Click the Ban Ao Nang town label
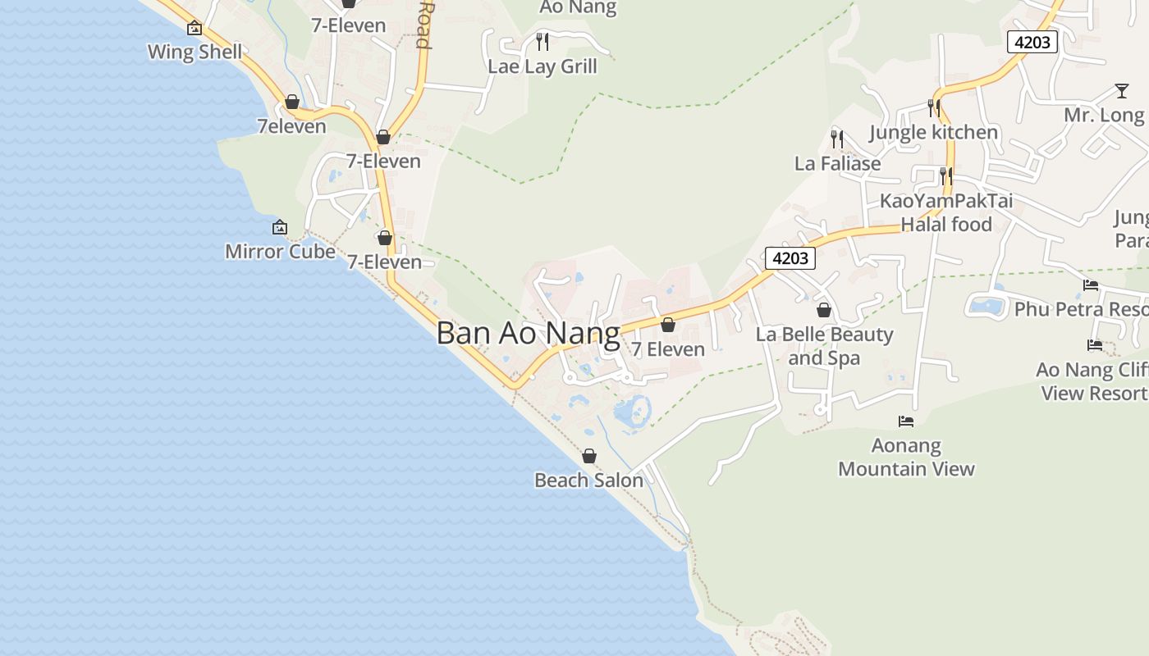[528, 334]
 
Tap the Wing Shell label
[195, 52]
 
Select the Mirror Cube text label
[280, 251]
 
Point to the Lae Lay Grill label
[542, 66]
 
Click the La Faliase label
[837, 163]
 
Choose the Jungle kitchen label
[933, 132]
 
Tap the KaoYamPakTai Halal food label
[946, 212]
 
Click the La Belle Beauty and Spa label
[824, 346]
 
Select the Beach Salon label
[588, 480]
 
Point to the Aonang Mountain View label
[906, 458]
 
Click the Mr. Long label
[1103, 115]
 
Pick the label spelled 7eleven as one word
[291, 126]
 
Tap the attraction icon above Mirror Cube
[280, 227]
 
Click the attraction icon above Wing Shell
[195, 28]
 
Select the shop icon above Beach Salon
[588, 456]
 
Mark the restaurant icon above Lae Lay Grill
[542, 40]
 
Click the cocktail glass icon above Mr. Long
[1122, 90]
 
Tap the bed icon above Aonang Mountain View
[906, 421]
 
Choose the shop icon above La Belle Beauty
[824, 310]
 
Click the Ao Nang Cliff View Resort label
[1092, 381]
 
